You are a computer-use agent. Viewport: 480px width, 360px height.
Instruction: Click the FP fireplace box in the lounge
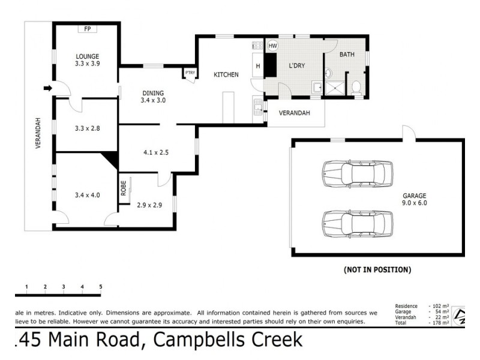pos(87,29)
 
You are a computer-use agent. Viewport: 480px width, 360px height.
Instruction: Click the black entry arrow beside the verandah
pos(48,89)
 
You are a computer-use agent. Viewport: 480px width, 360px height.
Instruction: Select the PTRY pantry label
pos(190,73)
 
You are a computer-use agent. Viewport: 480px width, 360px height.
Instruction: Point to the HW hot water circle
pos(272,46)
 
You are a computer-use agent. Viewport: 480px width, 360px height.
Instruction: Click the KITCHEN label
pos(226,75)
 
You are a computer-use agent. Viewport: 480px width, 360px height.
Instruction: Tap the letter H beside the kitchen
pos(257,66)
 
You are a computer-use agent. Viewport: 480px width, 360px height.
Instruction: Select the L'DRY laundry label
pos(298,66)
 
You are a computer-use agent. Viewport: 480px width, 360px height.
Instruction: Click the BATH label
pos(347,55)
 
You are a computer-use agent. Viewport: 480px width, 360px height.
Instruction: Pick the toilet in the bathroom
pos(356,88)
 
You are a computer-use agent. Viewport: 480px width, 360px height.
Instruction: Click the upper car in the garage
pos(356,173)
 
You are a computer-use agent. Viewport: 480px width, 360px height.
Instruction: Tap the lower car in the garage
pos(356,223)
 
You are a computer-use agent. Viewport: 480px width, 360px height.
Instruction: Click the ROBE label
pos(124,188)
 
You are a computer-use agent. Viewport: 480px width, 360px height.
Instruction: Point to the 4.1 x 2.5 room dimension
pos(155,152)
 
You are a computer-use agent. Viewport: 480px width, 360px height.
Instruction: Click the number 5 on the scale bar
pos(101,287)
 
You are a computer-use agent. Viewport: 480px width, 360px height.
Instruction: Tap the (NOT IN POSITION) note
pos(377,270)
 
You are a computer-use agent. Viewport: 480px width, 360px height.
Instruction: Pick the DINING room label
pos(153,92)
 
